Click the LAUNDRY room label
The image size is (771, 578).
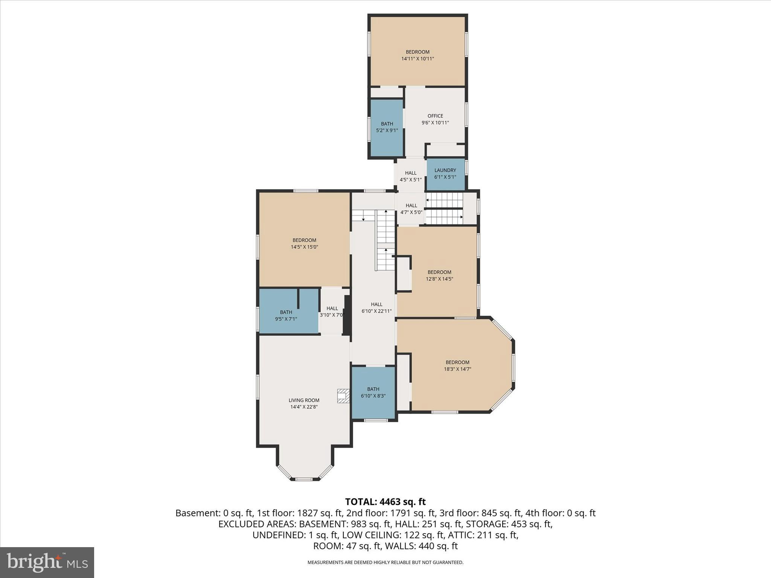(x=445, y=170)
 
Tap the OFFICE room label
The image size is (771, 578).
(x=435, y=116)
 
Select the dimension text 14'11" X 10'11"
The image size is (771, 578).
(x=417, y=59)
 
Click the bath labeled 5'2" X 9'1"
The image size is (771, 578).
(x=387, y=127)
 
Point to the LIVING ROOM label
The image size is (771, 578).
(x=304, y=400)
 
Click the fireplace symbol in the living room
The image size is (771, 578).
(x=343, y=396)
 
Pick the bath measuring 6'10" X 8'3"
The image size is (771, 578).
(x=373, y=392)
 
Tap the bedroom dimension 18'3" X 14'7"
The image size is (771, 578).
(x=457, y=369)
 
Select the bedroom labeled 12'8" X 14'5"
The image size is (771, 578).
(x=439, y=275)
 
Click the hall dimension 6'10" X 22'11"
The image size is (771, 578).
(x=376, y=311)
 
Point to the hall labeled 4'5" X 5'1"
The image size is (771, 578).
(x=411, y=176)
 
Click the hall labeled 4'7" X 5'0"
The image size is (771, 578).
(x=411, y=208)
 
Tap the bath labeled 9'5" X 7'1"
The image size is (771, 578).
(x=286, y=315)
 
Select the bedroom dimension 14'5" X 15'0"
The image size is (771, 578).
(x=304, y=247)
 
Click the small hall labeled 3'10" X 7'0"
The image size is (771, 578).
(x=332, y=312)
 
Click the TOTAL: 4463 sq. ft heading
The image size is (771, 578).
(x=385, y=502)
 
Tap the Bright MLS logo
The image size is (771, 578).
(x=47, y=562)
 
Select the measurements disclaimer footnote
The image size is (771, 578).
(x=385, y=562)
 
